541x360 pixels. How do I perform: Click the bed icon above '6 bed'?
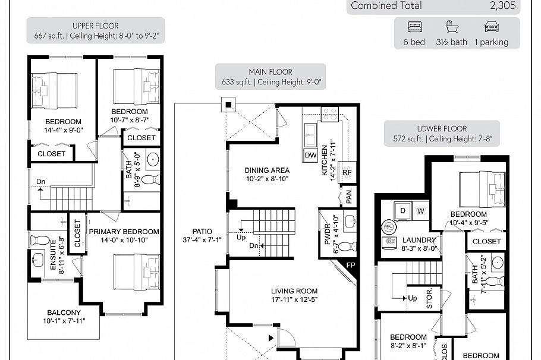tap(414, 27)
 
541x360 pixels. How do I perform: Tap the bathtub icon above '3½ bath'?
tap(452, 27)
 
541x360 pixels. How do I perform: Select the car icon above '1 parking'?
tap(491, 27)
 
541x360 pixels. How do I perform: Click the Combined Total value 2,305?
tap(503, 6)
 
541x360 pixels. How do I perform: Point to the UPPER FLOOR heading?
tap(95, 26)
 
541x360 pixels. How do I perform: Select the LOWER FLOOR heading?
tap(442, 128)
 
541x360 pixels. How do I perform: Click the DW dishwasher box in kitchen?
tap(310, 155)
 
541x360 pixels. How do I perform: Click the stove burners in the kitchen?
tap(329, 113)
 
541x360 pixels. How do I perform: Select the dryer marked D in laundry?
tap(402, 210)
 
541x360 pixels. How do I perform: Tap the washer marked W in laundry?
tap(421, 210)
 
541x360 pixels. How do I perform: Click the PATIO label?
tap(194, 232)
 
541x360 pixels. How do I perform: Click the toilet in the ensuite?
tap(40, 241)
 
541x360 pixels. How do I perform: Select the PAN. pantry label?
tap(349, 194)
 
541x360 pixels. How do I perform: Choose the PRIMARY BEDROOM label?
tap(124, 232)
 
